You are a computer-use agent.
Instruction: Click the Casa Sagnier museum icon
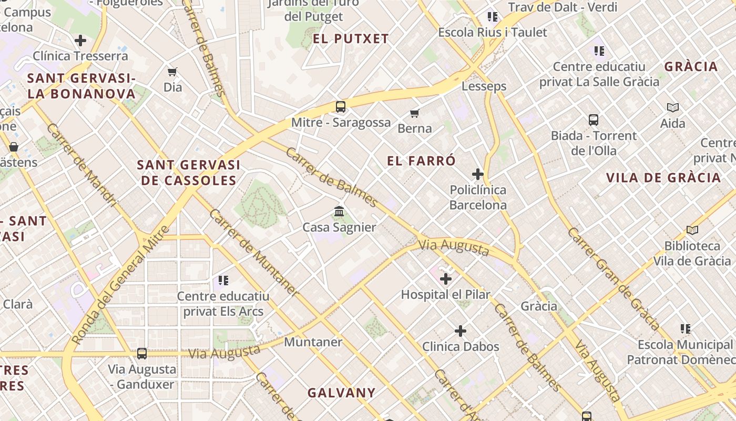(339, 212)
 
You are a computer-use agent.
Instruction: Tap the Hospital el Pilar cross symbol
(446, 278)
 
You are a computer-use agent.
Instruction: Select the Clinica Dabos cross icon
(461, 330)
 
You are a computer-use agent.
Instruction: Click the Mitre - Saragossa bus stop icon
(341, 107)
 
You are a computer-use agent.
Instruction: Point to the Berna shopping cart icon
(415, 113)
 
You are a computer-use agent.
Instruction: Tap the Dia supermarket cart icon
(172, 72)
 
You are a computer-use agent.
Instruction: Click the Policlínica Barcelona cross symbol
(478, 174)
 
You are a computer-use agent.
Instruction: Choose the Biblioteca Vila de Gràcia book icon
(692, 230)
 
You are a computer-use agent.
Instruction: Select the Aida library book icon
(672, 108)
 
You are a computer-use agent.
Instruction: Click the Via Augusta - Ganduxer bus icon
(142, 353)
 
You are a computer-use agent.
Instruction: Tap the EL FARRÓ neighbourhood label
(421, 161)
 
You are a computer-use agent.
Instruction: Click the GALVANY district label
(341, 393)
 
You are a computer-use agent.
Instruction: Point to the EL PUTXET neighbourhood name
(351, 38)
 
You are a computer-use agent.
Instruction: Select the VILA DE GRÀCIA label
(663, 177)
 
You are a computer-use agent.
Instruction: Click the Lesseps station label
(484, 86)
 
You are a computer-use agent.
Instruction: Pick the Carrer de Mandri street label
(81, 165)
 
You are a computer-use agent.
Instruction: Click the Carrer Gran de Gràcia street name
(614, 279)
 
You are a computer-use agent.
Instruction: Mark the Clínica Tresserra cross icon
(80, 40)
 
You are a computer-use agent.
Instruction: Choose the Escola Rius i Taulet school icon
(493, 17)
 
